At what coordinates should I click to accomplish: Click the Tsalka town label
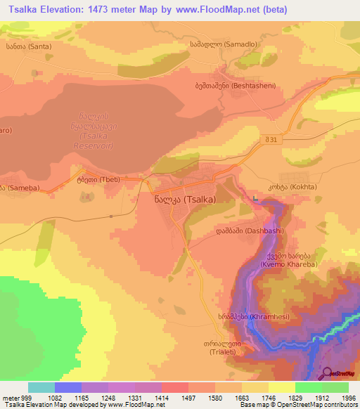(184, 199)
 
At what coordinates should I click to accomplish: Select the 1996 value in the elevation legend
(348, 397)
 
